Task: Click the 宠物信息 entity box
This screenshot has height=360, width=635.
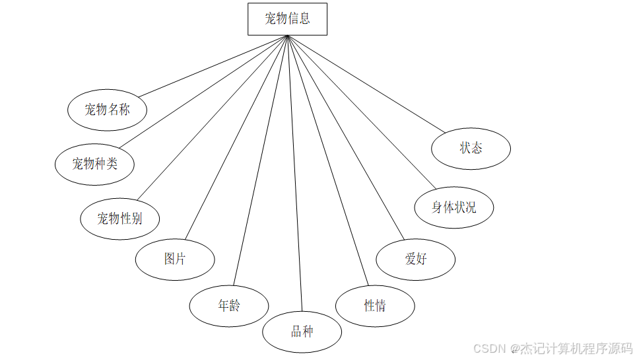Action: pos(287,18)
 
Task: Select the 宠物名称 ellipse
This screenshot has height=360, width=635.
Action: pos(107,110)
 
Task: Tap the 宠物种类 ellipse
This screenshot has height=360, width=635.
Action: pos(94,163)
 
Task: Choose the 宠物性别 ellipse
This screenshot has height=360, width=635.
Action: pos(119,219)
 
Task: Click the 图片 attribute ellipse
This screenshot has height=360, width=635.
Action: pos(175,260)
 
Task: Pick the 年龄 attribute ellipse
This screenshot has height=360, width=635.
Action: pos(229,306)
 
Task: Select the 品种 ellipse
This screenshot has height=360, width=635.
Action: pos(302,332)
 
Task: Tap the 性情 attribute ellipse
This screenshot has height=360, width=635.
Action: pos(375,306)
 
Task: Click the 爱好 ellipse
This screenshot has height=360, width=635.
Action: pos(415,259)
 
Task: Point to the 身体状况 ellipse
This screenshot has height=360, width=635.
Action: pos(453,207)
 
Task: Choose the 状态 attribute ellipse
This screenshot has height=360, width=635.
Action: pos(471,149)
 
